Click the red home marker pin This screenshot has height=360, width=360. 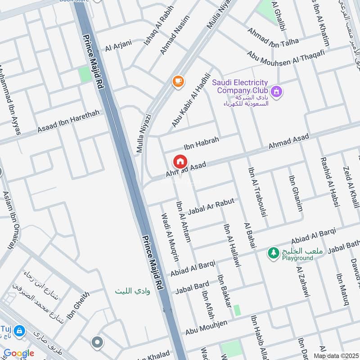(x=180, y=162)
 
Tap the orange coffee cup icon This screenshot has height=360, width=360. (x=178, y=81)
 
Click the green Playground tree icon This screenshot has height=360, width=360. (x=273, y=253)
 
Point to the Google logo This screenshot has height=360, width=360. (x=19, y=353)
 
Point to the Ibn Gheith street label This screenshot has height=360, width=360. (x=78, y=306)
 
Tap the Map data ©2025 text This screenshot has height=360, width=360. (x=335, y=356)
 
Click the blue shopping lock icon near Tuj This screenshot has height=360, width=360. (x=19, y=332)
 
